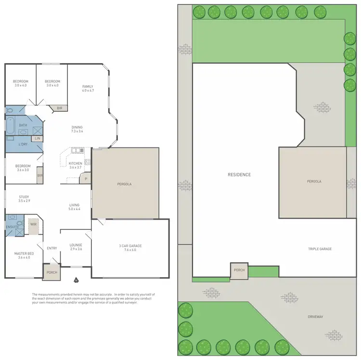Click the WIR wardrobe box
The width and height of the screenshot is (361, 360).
[34, 225]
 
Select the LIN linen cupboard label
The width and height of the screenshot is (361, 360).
[37, 138]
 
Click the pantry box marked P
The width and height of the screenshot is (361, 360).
[86, 179]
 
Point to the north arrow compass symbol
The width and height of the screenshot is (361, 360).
[76, 280]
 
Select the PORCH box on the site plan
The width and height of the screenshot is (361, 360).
[239, 270]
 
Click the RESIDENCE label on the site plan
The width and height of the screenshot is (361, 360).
[239, 174]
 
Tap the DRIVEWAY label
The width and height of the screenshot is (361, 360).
[315, 317]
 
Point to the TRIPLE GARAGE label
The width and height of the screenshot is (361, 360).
[320, 249]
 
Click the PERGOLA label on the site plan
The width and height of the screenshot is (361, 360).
[314, 182]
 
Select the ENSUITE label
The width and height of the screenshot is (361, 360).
[13, 227]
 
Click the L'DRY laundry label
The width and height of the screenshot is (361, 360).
[23, 145]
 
